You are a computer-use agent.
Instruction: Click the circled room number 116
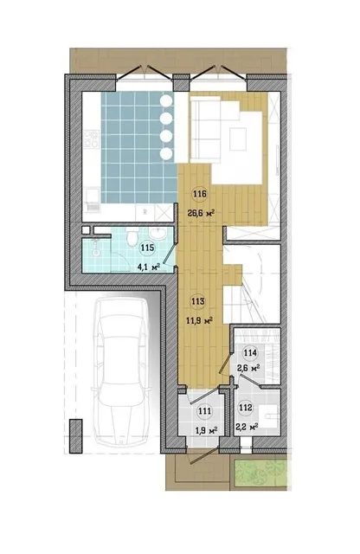coord(200,194)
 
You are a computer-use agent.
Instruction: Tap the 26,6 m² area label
coord(201,213)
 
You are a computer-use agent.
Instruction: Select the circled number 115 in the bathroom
coord(147,248)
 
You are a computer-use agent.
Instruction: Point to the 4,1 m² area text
coord(149,267)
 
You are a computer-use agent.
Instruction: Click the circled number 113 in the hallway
coord(198,302)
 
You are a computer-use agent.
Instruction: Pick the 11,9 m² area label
coord(199,321)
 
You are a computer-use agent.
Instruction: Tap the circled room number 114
coord(250,352)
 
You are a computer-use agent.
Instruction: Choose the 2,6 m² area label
coord(248,369)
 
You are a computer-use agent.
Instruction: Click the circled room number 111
coord(204,411)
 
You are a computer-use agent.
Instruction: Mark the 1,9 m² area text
coord(206,431)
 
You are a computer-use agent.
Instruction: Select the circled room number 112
coord(246,408)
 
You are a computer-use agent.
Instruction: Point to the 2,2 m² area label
coord(247,427)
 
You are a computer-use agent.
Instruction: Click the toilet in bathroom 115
coord(132,236)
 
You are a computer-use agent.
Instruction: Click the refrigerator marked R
coord(145,213)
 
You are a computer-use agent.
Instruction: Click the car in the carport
coord(121,371)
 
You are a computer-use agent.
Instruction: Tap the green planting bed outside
coord(260,474)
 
